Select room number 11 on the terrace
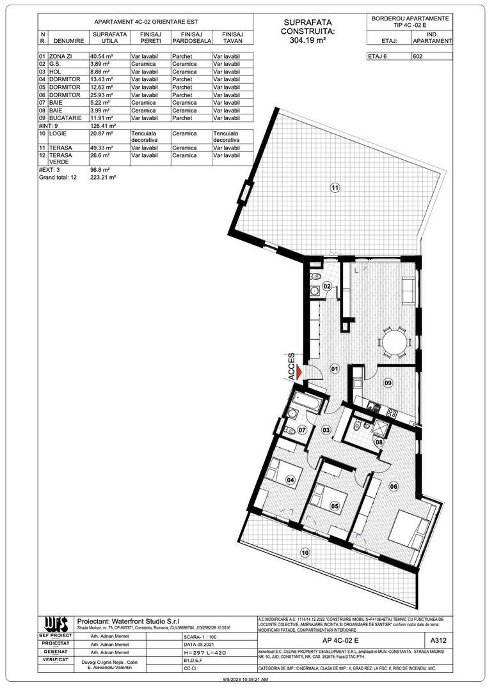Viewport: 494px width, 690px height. (334, 188)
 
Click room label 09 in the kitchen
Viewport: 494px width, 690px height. (387, 383)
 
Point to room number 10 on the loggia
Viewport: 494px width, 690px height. (305, 553)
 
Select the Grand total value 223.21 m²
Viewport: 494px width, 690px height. (104, 178)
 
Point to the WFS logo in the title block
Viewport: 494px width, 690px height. (56, 624)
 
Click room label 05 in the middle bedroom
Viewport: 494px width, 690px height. (333, 506)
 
